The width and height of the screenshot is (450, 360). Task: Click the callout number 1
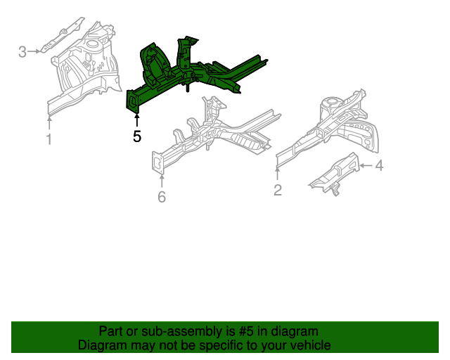coord(49,139)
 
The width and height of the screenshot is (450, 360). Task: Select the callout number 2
coord(278,190)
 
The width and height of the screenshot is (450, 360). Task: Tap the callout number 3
coord(22,51)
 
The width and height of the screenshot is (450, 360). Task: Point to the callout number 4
coord(379,166)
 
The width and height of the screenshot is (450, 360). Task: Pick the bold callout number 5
coord(137,136)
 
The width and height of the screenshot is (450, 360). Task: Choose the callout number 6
coord(162,198)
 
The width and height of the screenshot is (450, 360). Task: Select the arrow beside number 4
coord(365,166)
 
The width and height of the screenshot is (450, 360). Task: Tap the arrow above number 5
coord(136,120)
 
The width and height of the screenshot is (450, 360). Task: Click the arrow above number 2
coord(278,172)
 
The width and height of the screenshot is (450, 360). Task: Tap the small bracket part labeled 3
coord(70,36)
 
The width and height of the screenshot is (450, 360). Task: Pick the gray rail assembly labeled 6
coord(218,134)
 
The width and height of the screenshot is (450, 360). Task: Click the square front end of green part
coord(132,102)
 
